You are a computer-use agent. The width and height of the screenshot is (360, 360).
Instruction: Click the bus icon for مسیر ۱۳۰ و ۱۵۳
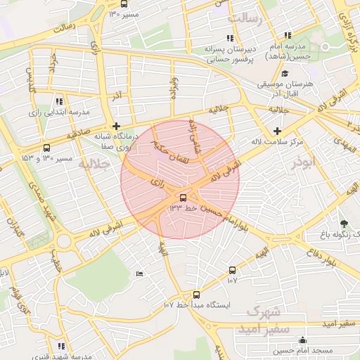47,148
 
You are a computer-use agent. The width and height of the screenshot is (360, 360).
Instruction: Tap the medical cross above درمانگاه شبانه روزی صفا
116,126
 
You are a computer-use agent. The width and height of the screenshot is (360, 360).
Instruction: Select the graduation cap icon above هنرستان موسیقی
285,73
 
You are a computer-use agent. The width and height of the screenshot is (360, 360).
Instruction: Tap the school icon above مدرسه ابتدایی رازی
59,101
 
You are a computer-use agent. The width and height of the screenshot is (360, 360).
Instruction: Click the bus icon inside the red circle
184,198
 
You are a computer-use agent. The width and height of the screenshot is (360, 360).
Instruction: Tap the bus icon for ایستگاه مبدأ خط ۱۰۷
196,295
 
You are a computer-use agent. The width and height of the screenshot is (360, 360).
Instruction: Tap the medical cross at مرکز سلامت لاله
278,131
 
